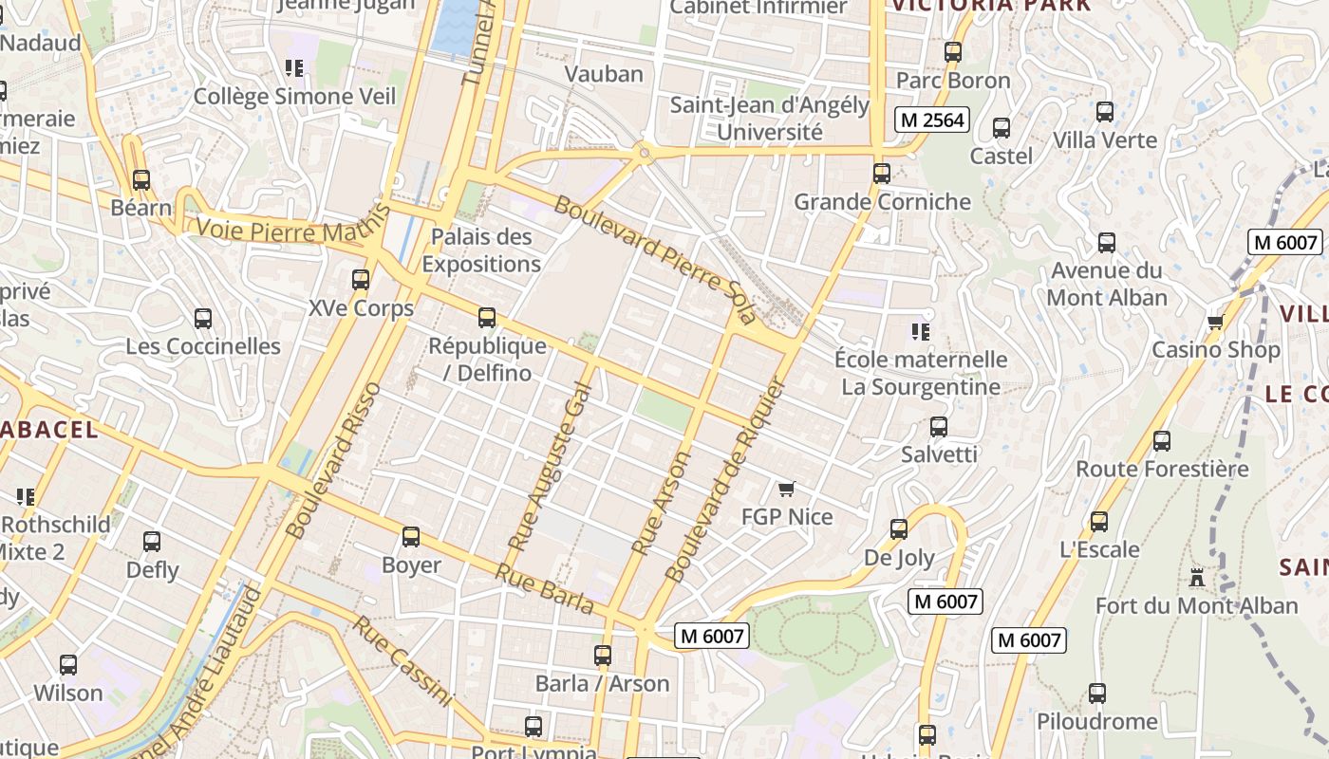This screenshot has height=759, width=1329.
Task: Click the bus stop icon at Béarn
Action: point(141,179)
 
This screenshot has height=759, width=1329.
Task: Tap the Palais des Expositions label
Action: point(481,250)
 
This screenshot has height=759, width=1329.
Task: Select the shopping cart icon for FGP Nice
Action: point(786,490)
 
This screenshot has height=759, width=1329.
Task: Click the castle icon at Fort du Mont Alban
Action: point(1196,577)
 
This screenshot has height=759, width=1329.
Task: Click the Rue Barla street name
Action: point(545,588)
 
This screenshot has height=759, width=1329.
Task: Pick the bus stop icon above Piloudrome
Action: point(1097,694)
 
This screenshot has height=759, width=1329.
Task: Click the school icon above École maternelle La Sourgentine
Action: point(920,331)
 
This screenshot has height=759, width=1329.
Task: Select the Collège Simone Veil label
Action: point(294,97)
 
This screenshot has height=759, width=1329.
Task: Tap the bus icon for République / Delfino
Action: point(487,318)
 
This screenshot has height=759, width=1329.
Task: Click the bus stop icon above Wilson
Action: point(68,665)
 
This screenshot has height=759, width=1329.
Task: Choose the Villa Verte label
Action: point(1105,140)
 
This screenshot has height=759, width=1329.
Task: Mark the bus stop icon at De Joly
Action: point(899,529)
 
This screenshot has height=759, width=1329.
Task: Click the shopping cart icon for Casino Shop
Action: point(1215,323)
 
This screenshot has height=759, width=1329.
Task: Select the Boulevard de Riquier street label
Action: point(726,479)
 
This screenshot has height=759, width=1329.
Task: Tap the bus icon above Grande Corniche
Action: point(882,174)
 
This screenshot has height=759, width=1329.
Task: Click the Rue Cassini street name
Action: point(402,661)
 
